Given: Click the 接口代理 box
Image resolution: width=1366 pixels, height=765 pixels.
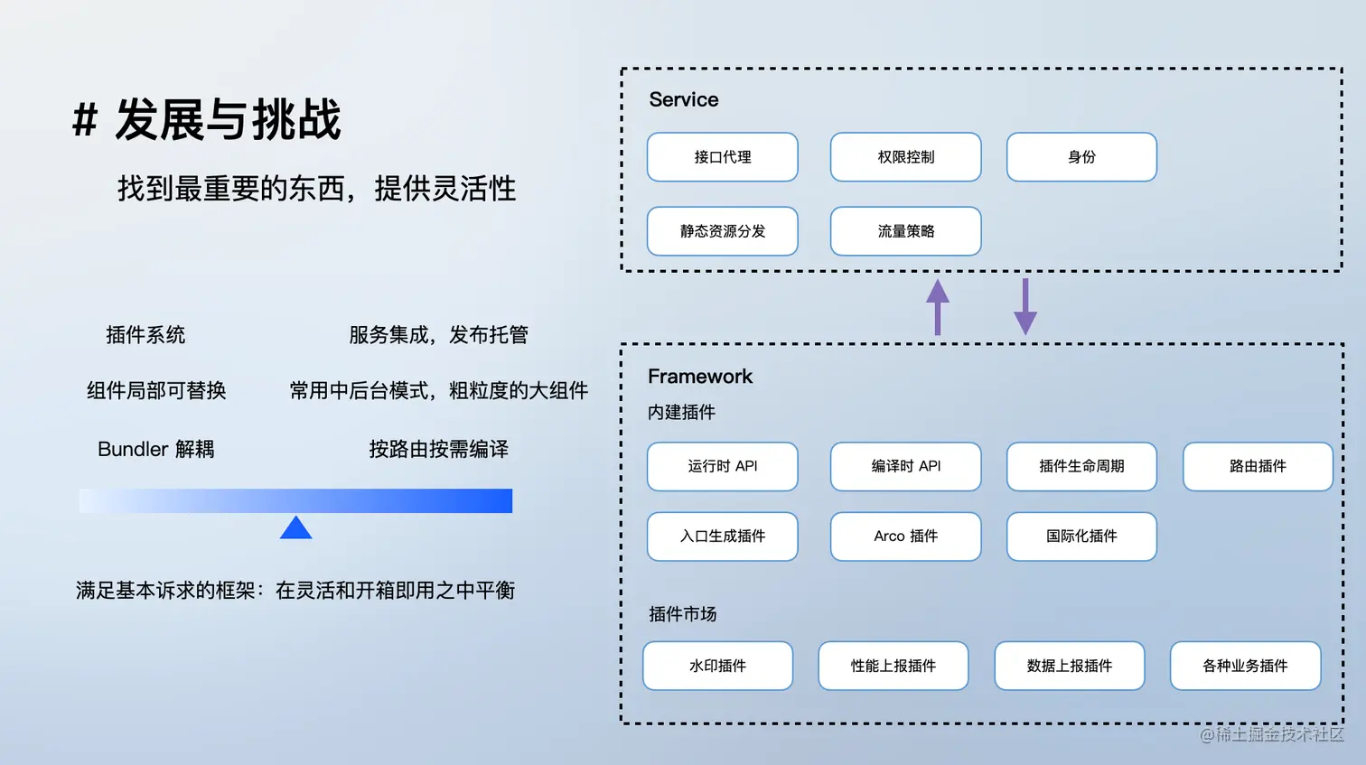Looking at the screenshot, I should click(x=722, y=157).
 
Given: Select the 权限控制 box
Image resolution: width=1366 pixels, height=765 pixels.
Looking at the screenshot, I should click(x=905, y=157).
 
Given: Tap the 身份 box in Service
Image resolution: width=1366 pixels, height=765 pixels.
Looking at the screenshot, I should click(x=1081, y=157).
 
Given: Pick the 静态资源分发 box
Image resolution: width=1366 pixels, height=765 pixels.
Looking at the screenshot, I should click(x=722, y=231).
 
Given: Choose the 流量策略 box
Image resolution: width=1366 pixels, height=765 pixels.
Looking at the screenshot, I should click(x=905, y=231).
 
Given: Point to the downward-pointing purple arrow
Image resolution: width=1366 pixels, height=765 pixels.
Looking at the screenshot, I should click(x=1024, y=307).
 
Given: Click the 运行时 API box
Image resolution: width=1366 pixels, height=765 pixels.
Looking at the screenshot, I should click(x=722, y=466).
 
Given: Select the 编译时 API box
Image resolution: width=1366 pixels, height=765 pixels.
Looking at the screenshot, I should click(x=905, y=466).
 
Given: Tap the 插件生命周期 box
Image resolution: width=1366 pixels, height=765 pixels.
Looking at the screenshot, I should click(x=1081, y=466).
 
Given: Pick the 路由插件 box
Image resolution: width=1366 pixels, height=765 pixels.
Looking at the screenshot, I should click(x=1258, y=466).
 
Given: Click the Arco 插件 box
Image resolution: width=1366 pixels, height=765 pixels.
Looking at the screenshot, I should click(x=905, y=536).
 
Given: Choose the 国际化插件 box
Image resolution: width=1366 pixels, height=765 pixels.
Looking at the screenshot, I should click(x=1081, y=536).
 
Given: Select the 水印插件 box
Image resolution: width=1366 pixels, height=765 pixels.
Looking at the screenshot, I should click(x=717, y=666).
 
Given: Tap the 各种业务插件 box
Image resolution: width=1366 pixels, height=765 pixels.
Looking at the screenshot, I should click(x=1245, y=666).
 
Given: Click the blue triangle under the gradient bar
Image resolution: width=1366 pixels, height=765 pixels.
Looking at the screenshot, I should click(x=295, y=528).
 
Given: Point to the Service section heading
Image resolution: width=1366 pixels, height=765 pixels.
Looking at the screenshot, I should click(x=684, y=99).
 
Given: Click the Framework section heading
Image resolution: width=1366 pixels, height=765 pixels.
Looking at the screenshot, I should click(x=700, y=377).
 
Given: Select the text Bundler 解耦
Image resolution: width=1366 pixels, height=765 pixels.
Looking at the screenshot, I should click(x=156, y=449).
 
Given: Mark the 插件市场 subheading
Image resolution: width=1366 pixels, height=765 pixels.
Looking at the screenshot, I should click(x=682, y=614).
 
